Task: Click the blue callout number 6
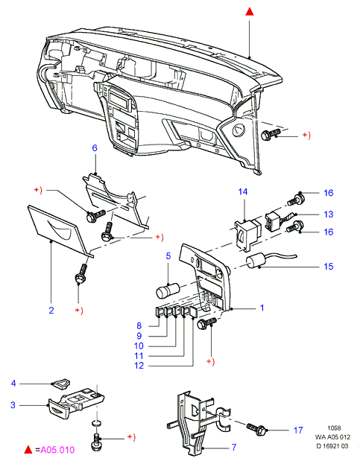coord(95,147)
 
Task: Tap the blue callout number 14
coord(243,191)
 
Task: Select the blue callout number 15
coord(328,267)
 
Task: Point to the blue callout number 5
coord(168,256)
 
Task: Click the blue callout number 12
coord(139,366)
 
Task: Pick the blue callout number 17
coord(298,430)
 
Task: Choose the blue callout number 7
coord(234,447)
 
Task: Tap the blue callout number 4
coord(13,384)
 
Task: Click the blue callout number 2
coord(51,311)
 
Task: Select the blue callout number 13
coord(328,214)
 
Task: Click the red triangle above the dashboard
coord(250,11)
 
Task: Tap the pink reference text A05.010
coord(57,450)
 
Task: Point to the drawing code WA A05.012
coord(332,436)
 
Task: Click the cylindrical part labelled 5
coord(168,290)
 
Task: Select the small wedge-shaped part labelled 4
coord(61,383)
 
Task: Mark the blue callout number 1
coord(262,308)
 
